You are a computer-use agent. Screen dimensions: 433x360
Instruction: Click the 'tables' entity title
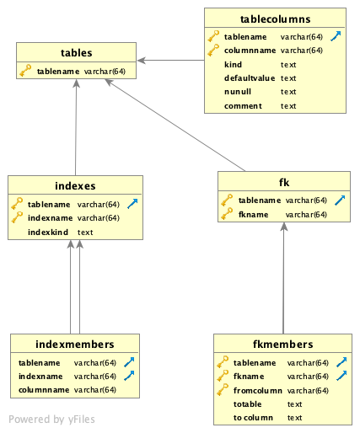point(76,52)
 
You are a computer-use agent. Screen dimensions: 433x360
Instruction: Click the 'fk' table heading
point(283,181)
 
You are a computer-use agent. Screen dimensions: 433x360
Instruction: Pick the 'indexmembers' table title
point(75,343)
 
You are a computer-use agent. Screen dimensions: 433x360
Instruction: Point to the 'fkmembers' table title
point(282,344)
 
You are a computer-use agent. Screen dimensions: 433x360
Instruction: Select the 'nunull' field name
point(238,91)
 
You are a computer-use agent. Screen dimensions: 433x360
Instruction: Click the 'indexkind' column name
point(47,232)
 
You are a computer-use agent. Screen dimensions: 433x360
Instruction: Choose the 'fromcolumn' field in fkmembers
point(257,390)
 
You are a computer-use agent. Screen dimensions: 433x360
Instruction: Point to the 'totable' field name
point(247,404)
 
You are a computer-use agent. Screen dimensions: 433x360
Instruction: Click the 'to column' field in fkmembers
point(253,417)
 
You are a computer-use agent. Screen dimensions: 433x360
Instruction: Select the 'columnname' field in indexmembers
point(44,390)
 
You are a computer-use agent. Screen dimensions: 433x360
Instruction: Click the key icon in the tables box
point(26,72)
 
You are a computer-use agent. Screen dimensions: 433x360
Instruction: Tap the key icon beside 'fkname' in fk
point(226,215)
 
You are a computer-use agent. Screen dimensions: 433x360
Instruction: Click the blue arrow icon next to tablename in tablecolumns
point(336,36)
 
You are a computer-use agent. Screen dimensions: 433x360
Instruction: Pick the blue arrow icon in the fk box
point(339,200)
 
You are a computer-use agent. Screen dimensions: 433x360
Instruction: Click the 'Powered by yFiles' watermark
point(52,419)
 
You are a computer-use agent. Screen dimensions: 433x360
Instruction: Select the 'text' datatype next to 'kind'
point(288,64)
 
